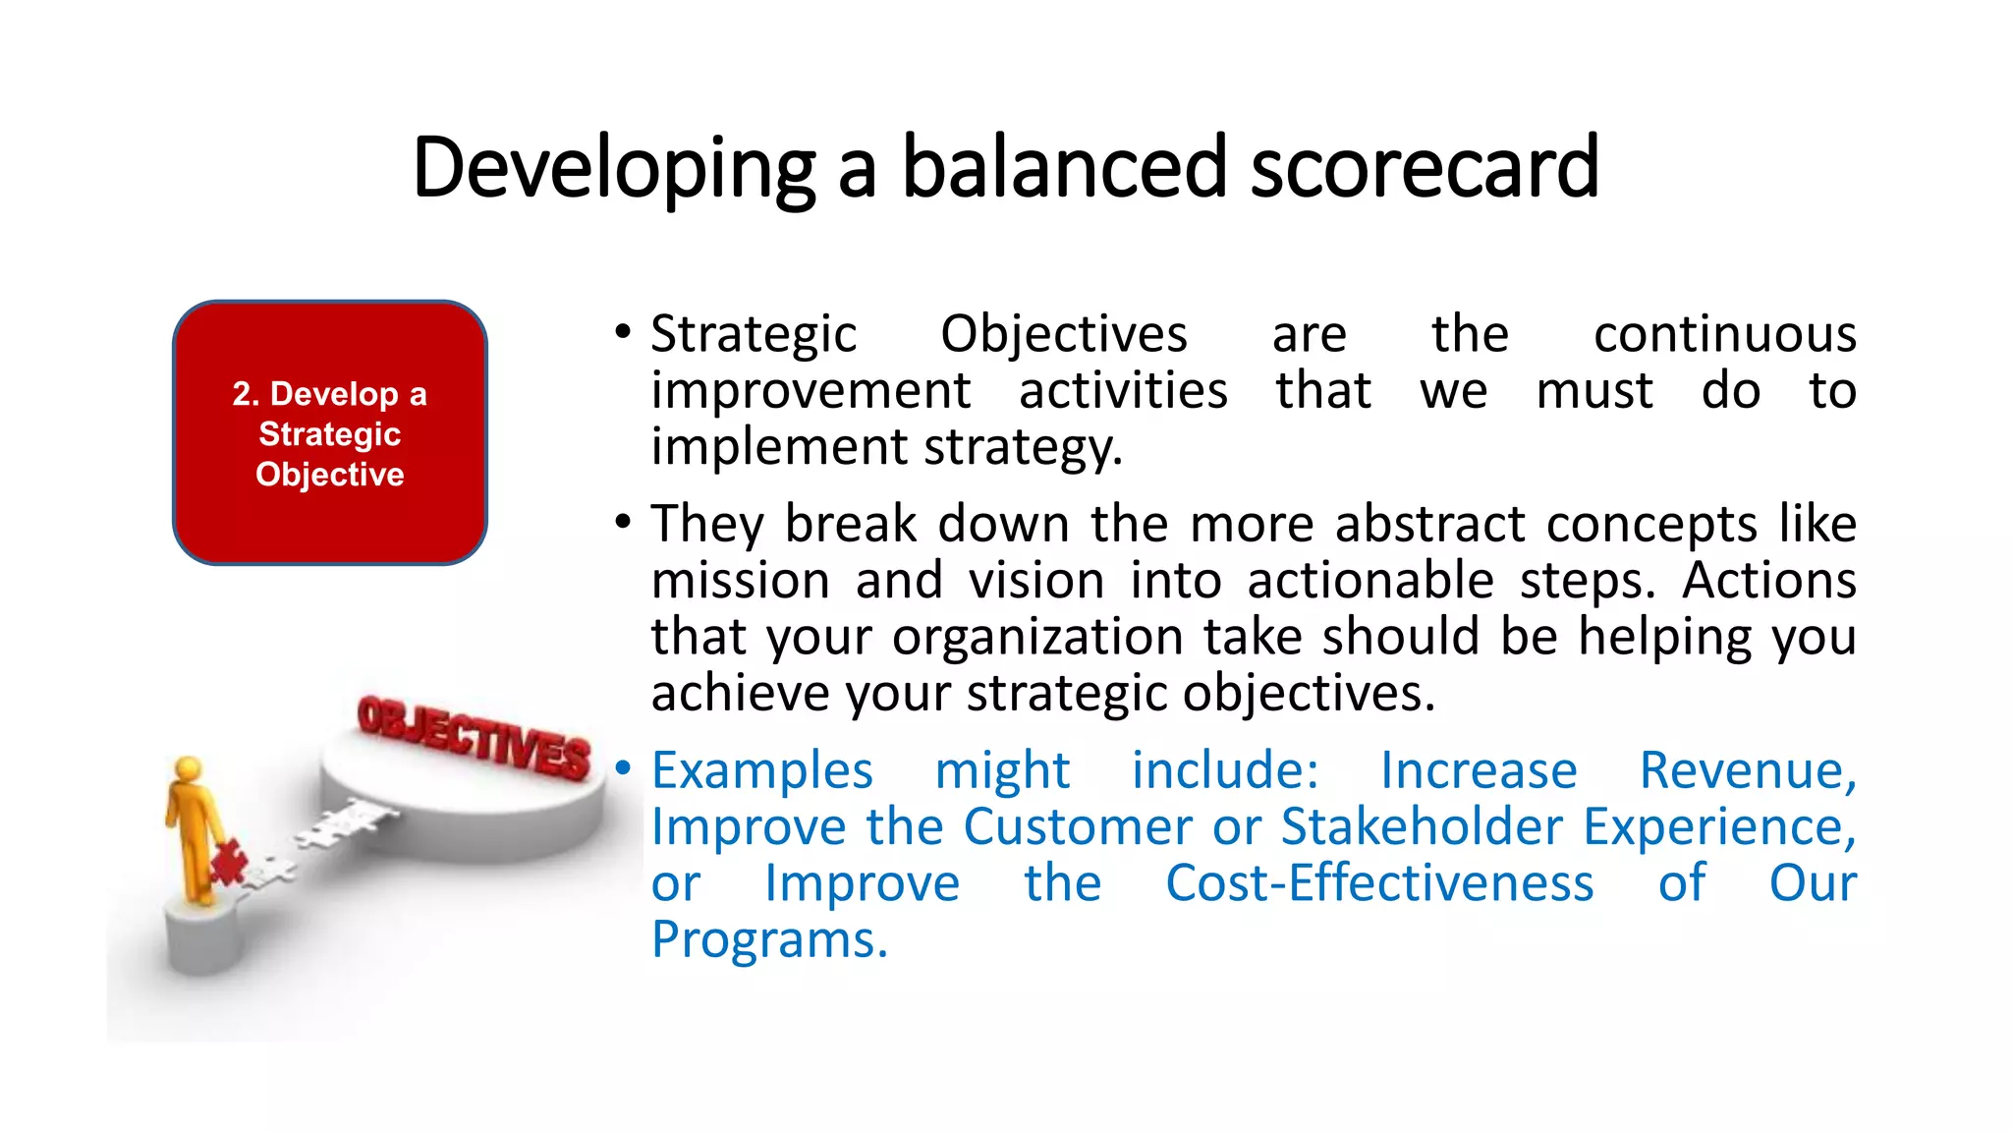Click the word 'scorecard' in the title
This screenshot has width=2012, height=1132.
click(1425, 167)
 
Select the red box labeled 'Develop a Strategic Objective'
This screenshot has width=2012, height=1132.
click(330, 432)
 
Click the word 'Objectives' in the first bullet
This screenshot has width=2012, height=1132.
click(1063, 334)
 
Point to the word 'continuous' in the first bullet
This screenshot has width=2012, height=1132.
click(1724, 334)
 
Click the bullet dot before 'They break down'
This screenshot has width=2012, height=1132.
click(623, 522)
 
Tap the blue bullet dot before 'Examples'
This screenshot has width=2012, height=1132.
click(623, 768)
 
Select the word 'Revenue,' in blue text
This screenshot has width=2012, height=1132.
click(1748, 769)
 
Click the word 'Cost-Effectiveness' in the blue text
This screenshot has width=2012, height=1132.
click(1379, 882)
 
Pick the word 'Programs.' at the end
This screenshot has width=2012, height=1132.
click(769, 939)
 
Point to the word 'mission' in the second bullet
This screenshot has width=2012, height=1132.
click(741, 580)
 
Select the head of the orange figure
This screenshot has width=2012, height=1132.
click(188, 769)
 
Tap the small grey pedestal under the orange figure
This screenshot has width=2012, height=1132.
click(204, 938)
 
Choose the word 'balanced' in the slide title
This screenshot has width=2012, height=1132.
click(1064, 167)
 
